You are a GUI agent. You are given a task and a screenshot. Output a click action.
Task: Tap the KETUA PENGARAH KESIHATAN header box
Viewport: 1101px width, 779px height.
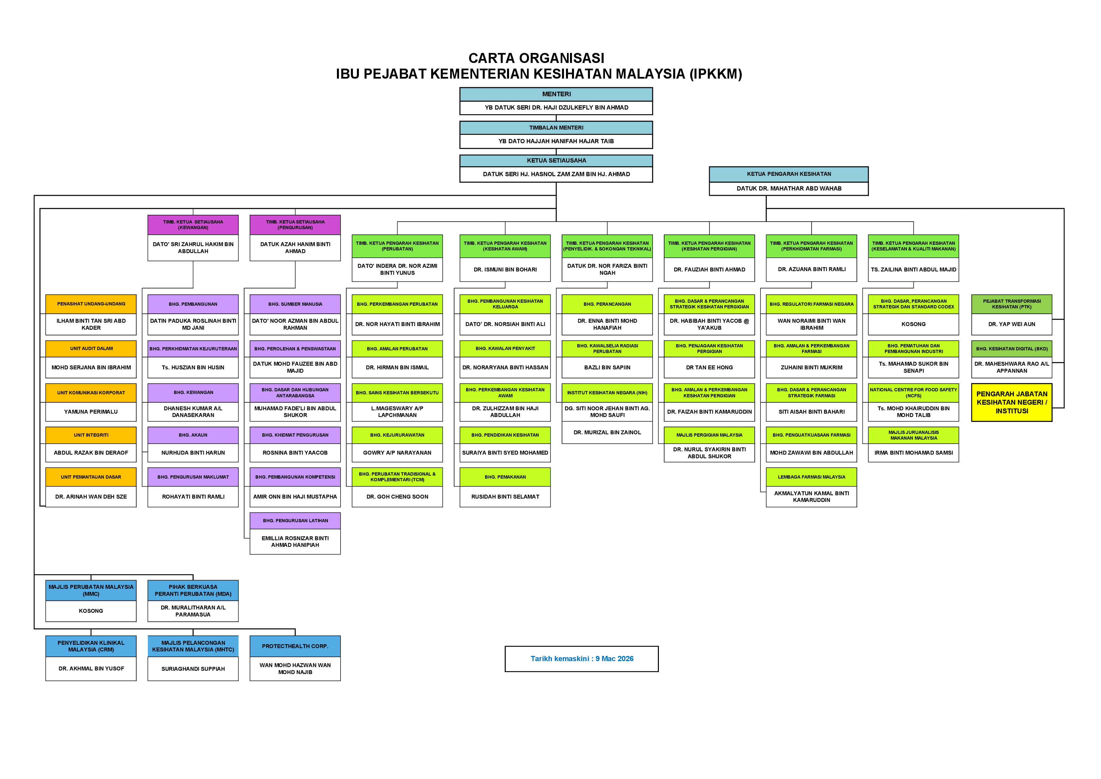(x=788, y=174)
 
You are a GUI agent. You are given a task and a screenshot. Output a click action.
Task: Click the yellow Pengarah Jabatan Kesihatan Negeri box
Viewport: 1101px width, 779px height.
(x=1011, y=402)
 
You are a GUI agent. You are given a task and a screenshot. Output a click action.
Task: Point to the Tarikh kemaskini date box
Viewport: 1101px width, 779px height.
(x=581, y=658)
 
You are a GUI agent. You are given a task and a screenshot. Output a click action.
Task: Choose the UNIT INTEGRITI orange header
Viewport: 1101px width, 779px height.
(x=91, y=435)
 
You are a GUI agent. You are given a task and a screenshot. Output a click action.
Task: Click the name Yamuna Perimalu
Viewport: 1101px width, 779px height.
(x=91, y=412)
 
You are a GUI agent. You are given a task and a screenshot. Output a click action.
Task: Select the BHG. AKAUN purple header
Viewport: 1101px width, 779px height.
(x=193, y=435)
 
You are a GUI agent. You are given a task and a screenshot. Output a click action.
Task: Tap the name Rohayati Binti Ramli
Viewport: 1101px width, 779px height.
(x=193, y=497)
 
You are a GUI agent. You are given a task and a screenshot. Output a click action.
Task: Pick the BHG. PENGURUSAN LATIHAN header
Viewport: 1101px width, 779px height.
(x=295, y=521)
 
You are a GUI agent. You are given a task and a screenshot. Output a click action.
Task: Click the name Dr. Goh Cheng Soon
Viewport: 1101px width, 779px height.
(x=397, y=497)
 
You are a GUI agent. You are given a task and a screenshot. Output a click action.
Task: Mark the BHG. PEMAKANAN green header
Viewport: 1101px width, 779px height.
(x=505, y=477)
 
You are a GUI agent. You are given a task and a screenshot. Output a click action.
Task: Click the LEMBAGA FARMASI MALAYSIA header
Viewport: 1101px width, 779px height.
(x=811, y=477)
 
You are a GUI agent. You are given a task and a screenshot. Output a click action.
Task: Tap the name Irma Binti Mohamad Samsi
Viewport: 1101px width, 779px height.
(x=914, y=452)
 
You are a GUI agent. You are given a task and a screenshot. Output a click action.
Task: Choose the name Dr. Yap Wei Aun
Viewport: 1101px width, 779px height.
(x=1011, y=324)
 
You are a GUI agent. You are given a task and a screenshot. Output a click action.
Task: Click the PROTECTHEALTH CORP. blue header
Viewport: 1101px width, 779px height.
(x=295, y=646)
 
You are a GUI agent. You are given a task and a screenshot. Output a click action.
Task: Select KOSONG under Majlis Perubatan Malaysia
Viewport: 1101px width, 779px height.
(x=91, y=610)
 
